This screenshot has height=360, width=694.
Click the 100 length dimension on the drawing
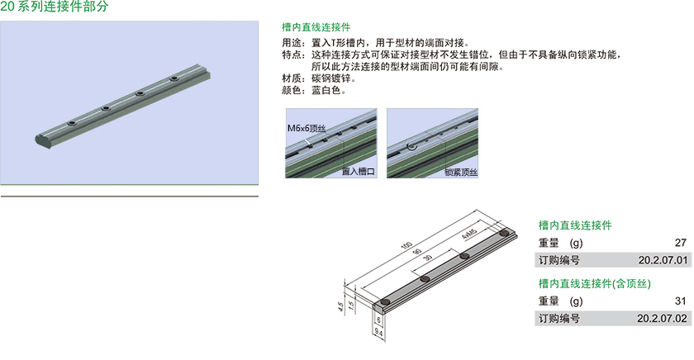coord(406,245)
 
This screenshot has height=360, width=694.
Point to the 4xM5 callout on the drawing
coord(468,234)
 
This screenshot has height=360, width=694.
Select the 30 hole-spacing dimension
coord(428,258)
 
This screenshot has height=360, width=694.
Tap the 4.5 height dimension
coord(340,306)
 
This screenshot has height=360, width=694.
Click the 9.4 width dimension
coord(378,332)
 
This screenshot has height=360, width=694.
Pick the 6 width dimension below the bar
coord(378,320)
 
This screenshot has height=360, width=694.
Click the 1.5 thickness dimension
coord(351,305)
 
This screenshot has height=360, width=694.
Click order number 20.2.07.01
coord(663,260)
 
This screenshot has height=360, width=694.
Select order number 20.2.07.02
coord(662,319)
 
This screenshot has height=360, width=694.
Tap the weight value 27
coord(681,243)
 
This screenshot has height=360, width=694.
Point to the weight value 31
coord(681,301)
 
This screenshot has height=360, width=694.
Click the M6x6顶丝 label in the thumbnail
coord(307,128)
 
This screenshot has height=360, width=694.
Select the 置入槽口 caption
coord(358,172)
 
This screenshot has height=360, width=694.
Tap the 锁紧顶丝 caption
coord(461,172)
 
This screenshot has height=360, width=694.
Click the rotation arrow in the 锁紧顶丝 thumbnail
coord(411,146)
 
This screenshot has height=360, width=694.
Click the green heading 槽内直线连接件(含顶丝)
coord(594,283)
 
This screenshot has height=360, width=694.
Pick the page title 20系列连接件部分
coord(54,6)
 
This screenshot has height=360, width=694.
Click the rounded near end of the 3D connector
coord(40,140)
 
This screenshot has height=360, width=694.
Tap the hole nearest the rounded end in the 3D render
coord(72,123)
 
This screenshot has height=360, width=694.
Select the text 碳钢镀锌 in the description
coord(331,78)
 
